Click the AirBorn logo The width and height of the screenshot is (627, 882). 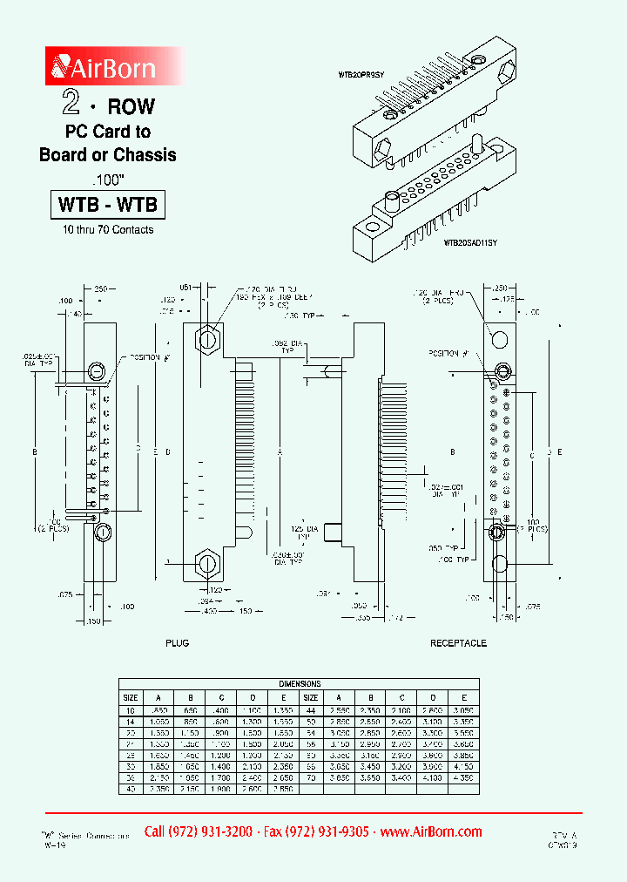click(103, 66)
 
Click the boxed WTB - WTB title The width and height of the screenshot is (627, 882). click(107, 205)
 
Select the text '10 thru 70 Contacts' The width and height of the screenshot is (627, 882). click(107, 230)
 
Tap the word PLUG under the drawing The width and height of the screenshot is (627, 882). click(177, 643)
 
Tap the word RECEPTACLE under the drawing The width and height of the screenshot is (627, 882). click(458, 643)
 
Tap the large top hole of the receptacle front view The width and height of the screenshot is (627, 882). click(499, 337)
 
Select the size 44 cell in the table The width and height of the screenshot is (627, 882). click(311, 710)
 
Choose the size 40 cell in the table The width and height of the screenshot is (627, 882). click(130, 788)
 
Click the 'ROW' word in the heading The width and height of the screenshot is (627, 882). click(131, 107)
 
